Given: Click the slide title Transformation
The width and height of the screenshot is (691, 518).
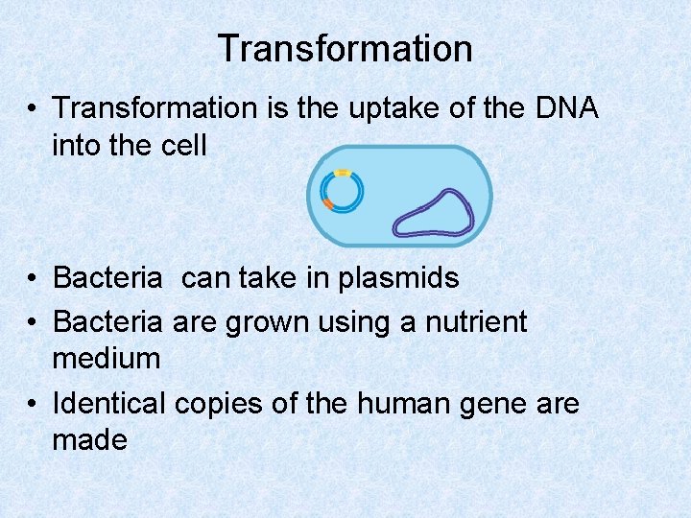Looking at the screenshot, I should click(x=345, y=48).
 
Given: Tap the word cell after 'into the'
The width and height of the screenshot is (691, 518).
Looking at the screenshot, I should click(x=180, y=146).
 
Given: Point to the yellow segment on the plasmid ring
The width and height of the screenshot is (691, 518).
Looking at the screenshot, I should click(x=342, y=174).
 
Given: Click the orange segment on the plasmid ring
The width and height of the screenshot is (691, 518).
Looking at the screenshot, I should click(x=328, y=203).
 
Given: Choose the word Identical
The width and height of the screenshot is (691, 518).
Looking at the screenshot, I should click(x=109, y=403).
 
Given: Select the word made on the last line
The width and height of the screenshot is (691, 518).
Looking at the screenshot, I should click(x=90, y=441).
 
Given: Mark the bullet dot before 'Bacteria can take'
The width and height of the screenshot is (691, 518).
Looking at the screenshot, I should click(x=33, y=279).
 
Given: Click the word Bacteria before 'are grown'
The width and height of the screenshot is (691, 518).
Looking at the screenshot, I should click(x=108, y=320).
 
